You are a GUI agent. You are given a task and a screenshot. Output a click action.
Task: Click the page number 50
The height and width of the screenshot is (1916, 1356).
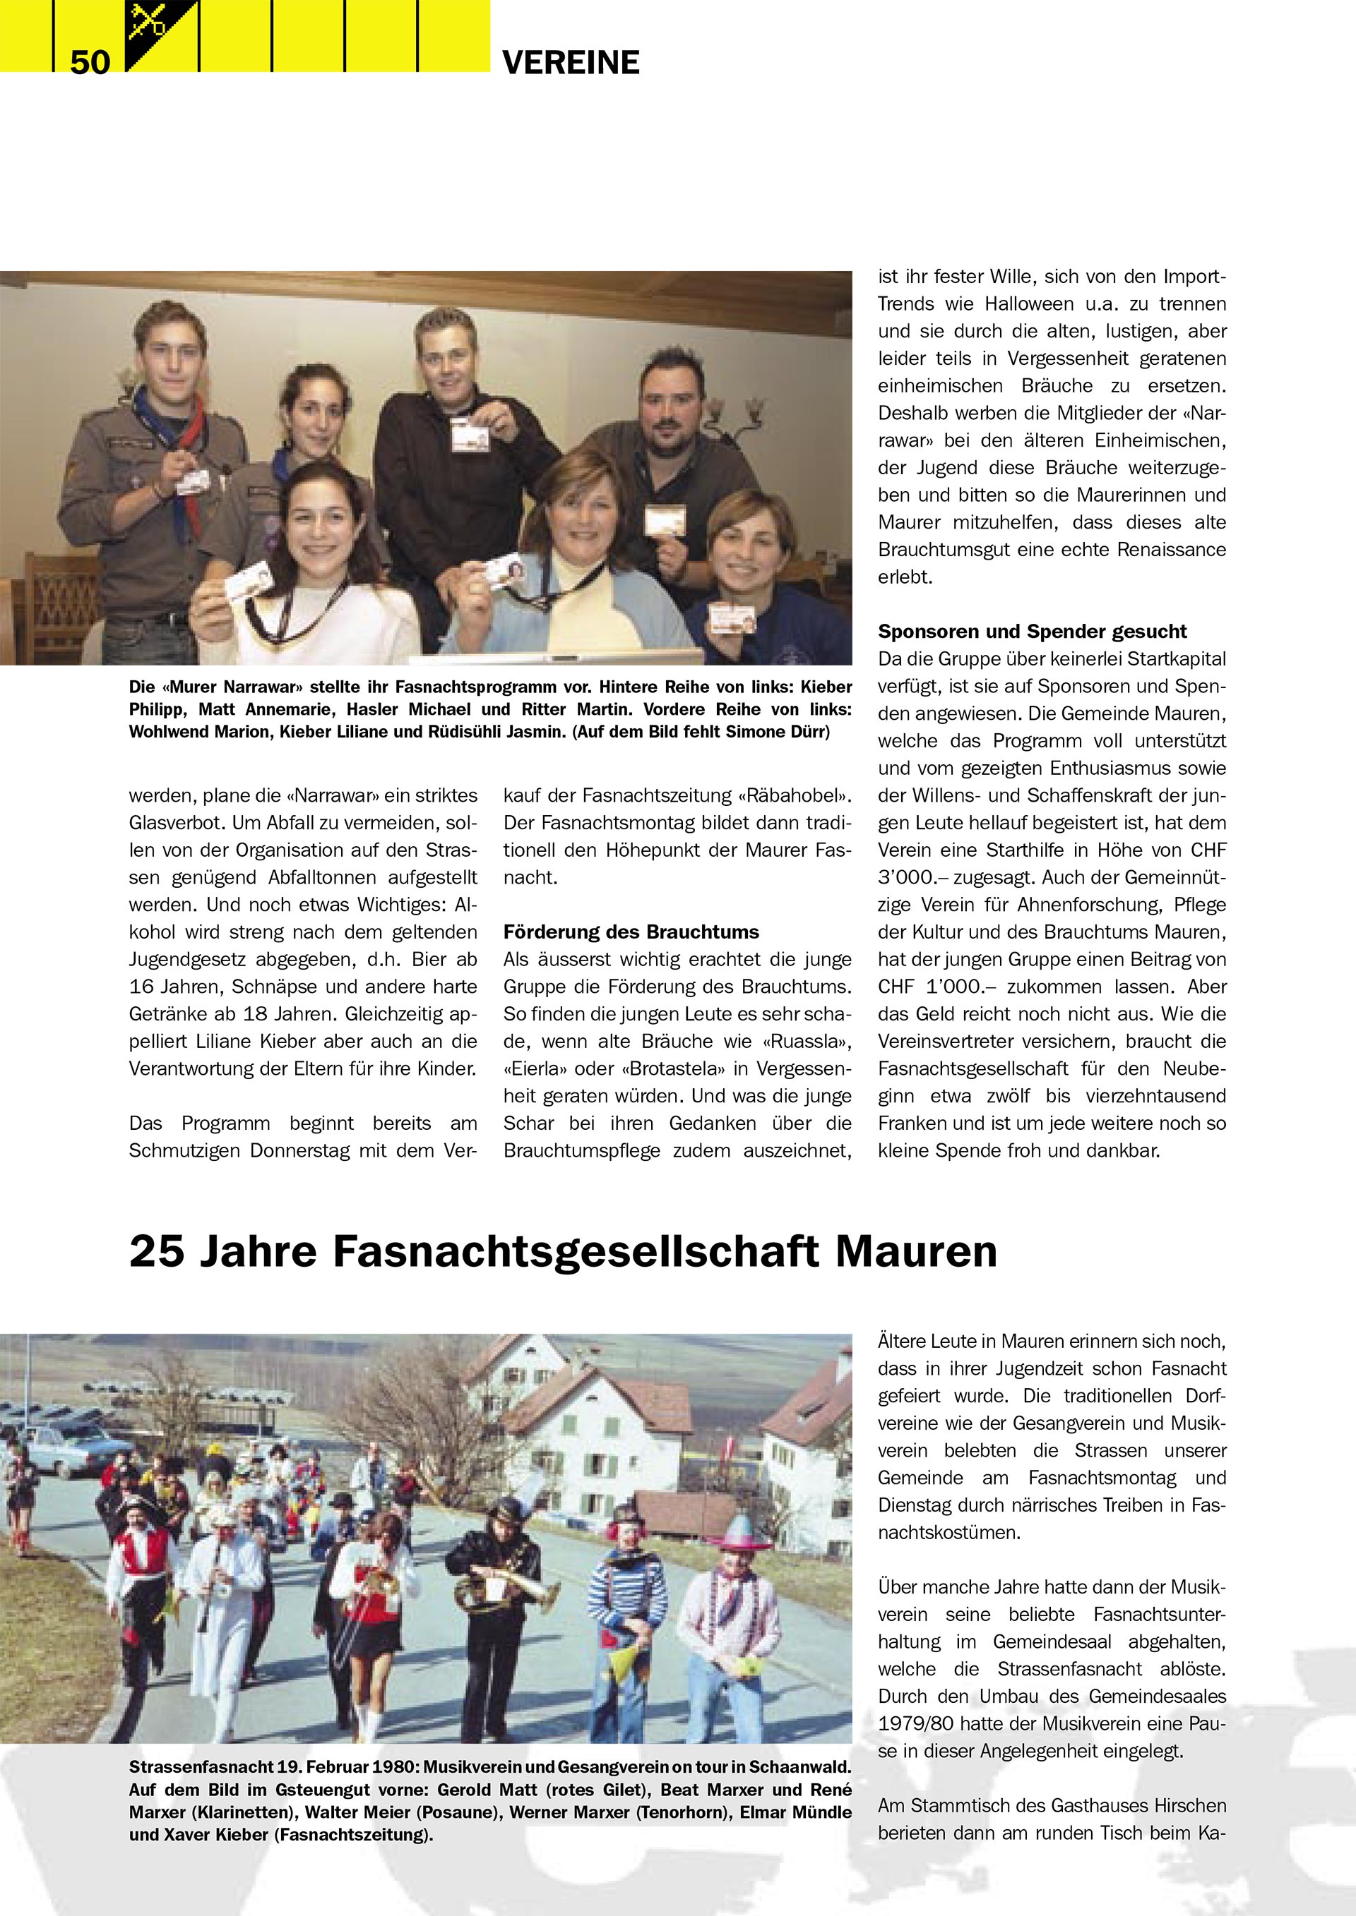coord(90,62)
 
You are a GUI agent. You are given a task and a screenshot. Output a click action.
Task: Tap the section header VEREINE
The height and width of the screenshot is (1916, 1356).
coord(571,63)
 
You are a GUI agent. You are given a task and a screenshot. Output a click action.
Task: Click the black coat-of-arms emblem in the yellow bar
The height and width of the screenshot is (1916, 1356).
coord(161,35)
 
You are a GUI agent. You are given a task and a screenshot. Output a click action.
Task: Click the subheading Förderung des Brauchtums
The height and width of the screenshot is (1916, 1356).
coord(631,932)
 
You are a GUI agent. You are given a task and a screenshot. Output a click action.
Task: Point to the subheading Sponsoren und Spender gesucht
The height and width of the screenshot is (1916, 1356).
coord(1032,632)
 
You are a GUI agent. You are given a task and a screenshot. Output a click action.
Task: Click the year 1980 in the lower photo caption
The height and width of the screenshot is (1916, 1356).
coord(395,1766)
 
